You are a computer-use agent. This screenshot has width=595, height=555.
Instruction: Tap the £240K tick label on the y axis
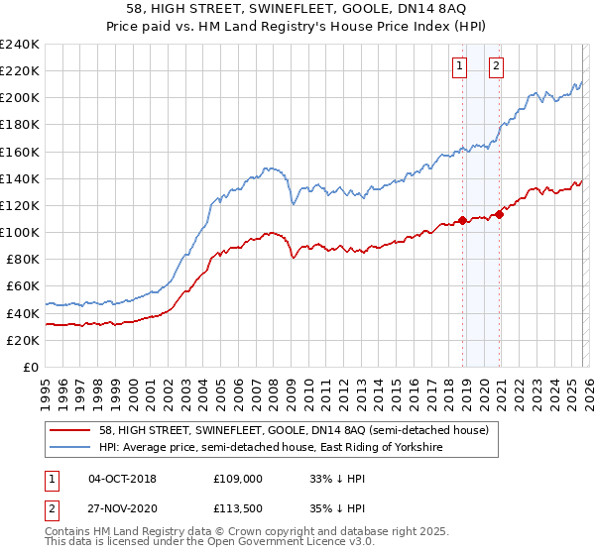click(19, 45)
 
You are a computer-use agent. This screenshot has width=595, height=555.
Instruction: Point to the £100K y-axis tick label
click(19, 232)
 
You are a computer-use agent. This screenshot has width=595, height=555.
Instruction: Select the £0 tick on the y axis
click(30, 367)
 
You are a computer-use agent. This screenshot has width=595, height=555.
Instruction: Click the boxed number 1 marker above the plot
click(460, 66)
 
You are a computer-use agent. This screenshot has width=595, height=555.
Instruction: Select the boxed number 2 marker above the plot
click(496, 66)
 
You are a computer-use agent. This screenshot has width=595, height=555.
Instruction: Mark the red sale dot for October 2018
click(462, 220)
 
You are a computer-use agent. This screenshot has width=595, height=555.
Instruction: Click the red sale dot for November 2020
click(500, 214)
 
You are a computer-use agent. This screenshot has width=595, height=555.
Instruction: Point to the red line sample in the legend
click(69, 431)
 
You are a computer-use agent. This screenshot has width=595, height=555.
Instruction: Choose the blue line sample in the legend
click(69, 448)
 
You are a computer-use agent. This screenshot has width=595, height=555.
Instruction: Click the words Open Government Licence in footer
click(266, 544)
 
